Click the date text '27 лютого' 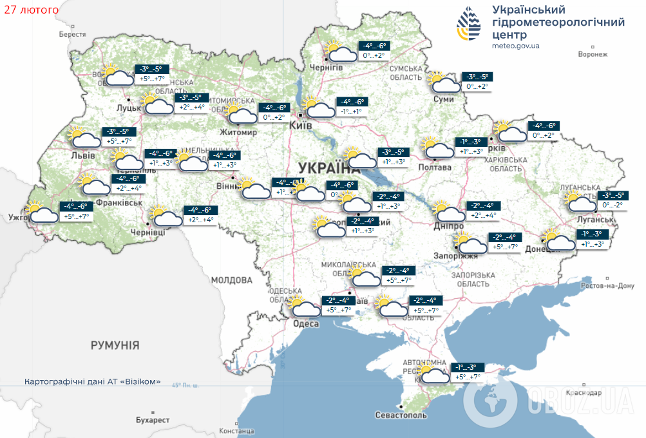30,10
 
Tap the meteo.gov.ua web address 515,46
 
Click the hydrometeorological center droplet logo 470,25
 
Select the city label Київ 301,125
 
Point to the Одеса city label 305,323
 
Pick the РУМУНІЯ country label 115,345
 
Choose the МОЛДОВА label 231,280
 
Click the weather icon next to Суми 444,82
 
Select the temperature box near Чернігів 373,51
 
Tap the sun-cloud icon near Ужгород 41,212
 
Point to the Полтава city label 435,167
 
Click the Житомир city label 239,133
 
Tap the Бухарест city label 153,419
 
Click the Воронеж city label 593,55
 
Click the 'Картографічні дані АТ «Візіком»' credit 92,381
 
